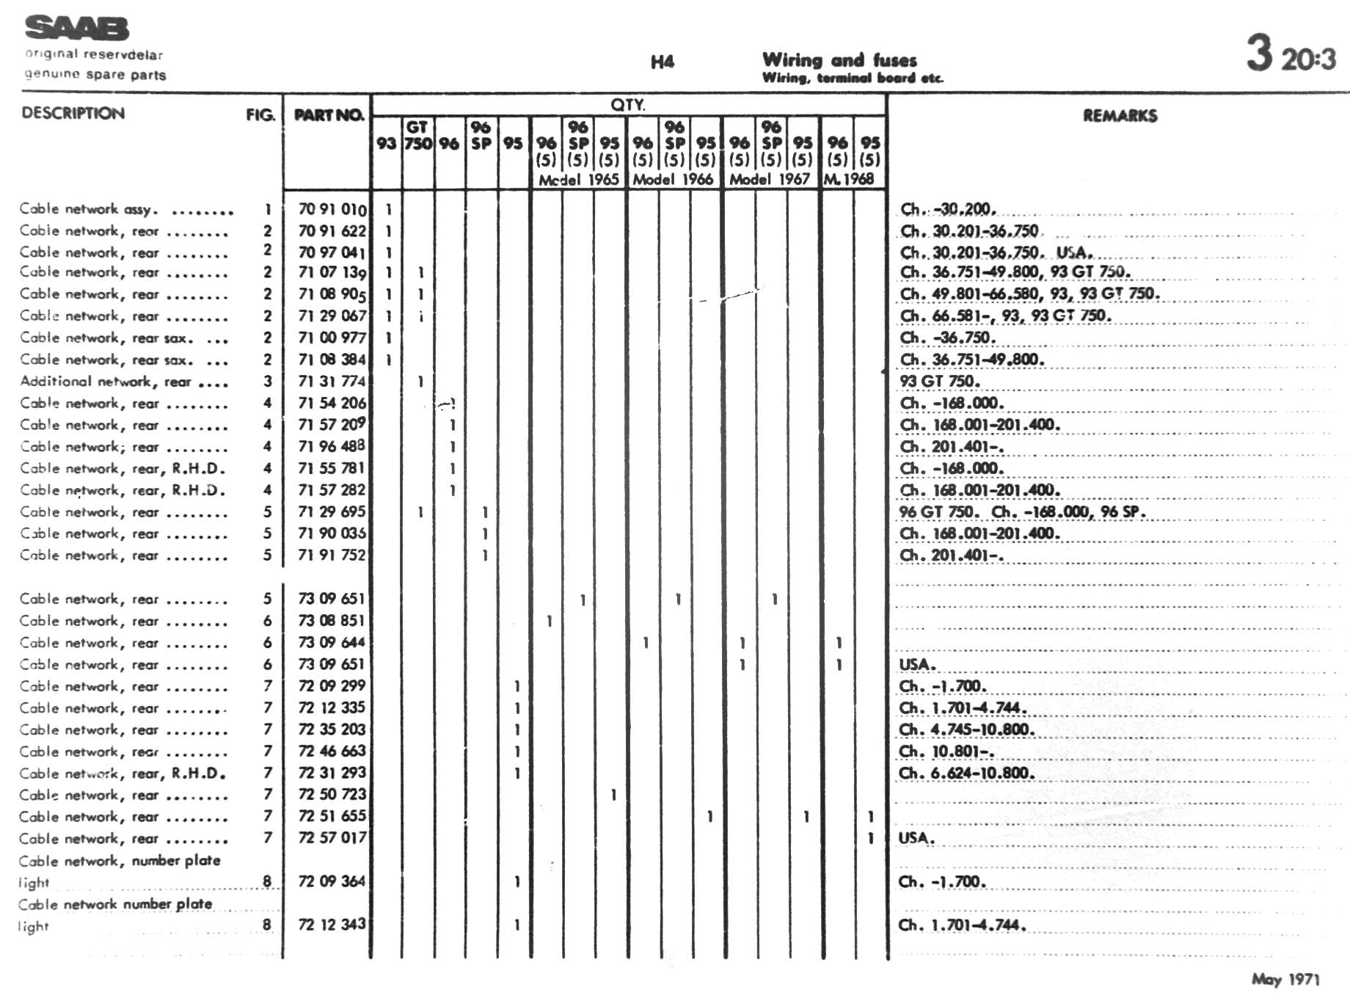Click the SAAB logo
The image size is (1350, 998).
coord(77,29)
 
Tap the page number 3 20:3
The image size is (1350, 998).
coord(1291,54)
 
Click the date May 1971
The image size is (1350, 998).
coord(1285,979)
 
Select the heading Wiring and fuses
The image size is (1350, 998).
coord(839,59)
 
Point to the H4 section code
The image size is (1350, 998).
coord(662,62)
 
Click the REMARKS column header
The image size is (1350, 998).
coord(1120,115)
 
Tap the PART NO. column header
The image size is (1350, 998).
coord(328,114)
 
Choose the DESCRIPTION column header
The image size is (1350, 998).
coord(73,113)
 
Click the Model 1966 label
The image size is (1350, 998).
coord(673,179)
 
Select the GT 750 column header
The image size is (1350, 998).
coord(417,135)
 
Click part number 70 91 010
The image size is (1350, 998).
coord(332,209)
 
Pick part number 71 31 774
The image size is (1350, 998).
coord(332,381)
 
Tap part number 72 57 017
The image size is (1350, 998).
coord(332,837)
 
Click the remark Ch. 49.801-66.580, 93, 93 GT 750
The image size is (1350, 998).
coord(1029,294)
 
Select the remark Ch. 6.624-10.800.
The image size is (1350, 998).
coord(966,773)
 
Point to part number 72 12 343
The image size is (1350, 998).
coord(332,924)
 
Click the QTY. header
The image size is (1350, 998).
coord(627,105)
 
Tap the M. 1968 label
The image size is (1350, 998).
coord(849,179)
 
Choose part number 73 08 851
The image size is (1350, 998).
coord(332,620)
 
